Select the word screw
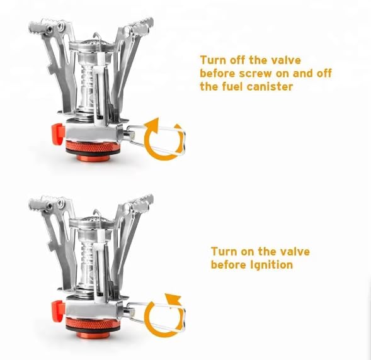pyautogui.click(x=258, y=74)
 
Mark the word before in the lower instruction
pyautogui.click(x=228, y=265)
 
